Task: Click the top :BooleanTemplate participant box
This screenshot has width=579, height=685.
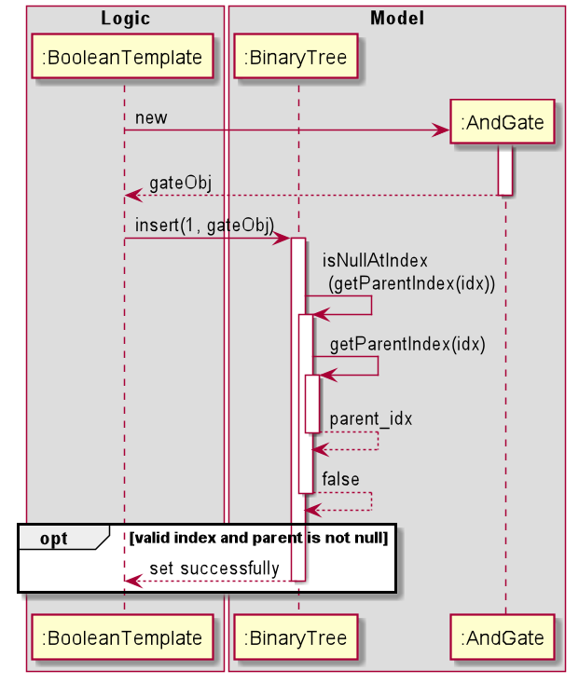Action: pyautogui.click(x=122, y=58)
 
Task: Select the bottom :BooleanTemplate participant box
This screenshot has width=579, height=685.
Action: pyautogui.click(x=122, y=638)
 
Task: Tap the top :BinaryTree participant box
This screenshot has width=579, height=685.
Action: pyautogui.click(x=296, y=58)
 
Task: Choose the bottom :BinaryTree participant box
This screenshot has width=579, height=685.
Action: pyautogui.click(x=296, y=638)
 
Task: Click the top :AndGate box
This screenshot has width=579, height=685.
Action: pyautogui.click(x=503, y=122)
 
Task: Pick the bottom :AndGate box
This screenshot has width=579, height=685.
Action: pyautogui.click(x=503, y=638)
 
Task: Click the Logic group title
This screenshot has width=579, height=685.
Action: pyautogui.click(x=125, y=18)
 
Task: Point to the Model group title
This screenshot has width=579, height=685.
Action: pyautogui.click(x=396, y=18)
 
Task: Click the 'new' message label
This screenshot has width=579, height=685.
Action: pyautogui.click(x=151, y=117)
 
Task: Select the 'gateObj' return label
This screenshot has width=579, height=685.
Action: pyautogui.click(x=180, y=183)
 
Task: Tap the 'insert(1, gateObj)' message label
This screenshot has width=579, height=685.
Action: pyautogui.click(x=204, y=226)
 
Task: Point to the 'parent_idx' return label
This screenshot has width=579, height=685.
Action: pyautogui.click(x=370, y=418)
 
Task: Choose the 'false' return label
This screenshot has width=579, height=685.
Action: pyautogui.click(x=340, y=479)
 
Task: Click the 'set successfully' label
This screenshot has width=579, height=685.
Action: pyautogui.click(x=214, y=568)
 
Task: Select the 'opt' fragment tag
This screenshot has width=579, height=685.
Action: pyautogui.click(x=54, y=539)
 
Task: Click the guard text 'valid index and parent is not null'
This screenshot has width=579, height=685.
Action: pyautogui.click(x=259, y=538)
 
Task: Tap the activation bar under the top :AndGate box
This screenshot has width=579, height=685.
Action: pyautogui.click(x=504, y=170)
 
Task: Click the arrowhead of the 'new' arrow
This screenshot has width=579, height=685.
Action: pyautogui.click(x=442, y=130)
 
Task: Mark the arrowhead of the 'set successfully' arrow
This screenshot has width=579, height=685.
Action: pyautogui.click(x=132, y=581)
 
